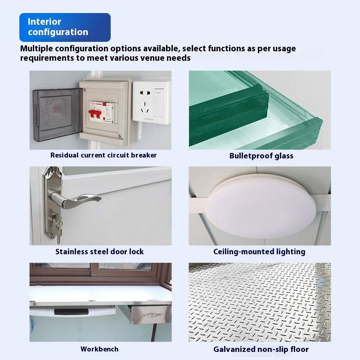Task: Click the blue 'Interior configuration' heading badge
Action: click(x=65, y=27)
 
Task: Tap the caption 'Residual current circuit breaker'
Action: click(x=103, y=155)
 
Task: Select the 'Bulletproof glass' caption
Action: click(x=261, y=156)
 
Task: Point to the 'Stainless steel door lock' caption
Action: click(x=99, y=252)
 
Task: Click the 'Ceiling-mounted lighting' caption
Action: click(x=259, y=252)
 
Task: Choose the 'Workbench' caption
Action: click(x=99, y=349)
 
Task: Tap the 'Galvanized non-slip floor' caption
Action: click(x=261, y=349)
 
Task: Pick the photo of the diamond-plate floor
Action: click(x=260, y=301)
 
